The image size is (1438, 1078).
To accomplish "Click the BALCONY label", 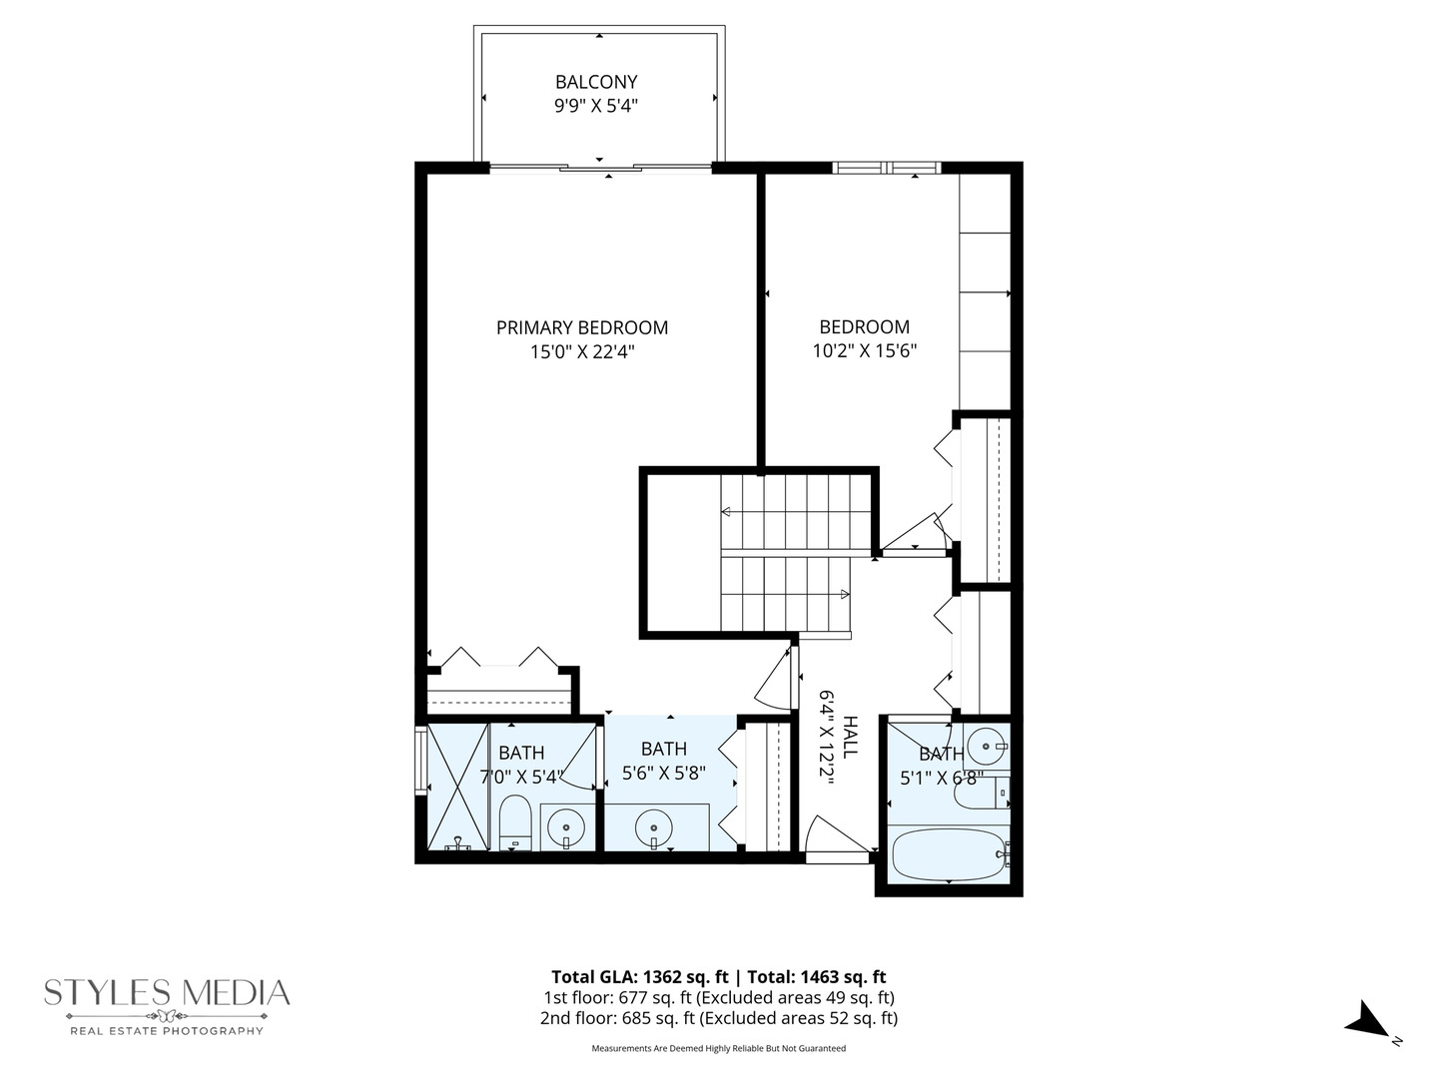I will [596, 82].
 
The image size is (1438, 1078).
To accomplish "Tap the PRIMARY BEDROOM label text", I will [582, 327].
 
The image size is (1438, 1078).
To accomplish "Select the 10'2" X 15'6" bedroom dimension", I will [864, 351].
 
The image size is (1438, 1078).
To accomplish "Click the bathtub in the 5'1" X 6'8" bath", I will [948, 856].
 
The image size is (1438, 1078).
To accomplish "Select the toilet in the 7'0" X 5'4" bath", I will [515, 822].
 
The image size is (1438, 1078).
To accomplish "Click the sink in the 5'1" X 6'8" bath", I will [987, 745].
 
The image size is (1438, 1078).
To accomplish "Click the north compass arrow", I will [1366, 1022].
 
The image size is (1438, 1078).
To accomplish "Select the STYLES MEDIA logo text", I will [167, 993].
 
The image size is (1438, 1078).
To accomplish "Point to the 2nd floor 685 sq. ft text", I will [718, 1018].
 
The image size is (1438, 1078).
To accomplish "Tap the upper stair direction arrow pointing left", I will [726, 512].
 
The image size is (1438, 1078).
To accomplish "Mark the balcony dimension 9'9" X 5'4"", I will [596, 106].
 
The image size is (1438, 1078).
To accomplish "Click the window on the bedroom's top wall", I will [886, 168].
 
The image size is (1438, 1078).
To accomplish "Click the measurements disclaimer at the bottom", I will [718, 1048].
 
